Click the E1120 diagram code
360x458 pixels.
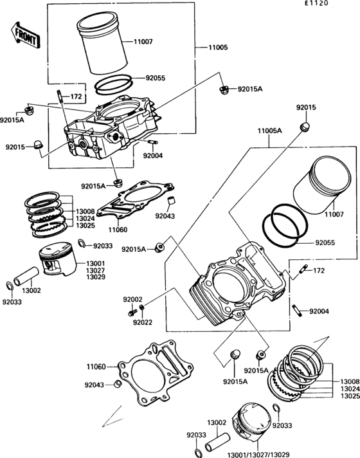316,3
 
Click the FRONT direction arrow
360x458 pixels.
26,35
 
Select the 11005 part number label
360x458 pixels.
218,48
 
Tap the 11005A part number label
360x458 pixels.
269,131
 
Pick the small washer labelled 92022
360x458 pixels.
142,307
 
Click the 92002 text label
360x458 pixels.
132,300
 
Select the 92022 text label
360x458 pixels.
143,322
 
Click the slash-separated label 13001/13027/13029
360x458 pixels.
258,455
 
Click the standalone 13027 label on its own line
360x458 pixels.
96,270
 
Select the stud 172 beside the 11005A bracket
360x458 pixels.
303,269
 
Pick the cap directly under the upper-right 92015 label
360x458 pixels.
305,127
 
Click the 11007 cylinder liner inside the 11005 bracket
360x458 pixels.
102,43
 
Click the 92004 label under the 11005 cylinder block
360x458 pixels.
153,156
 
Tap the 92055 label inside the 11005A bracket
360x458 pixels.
325,243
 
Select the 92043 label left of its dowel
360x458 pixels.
94,385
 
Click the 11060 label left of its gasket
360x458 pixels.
96,367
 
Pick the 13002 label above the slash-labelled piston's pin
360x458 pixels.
217,423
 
